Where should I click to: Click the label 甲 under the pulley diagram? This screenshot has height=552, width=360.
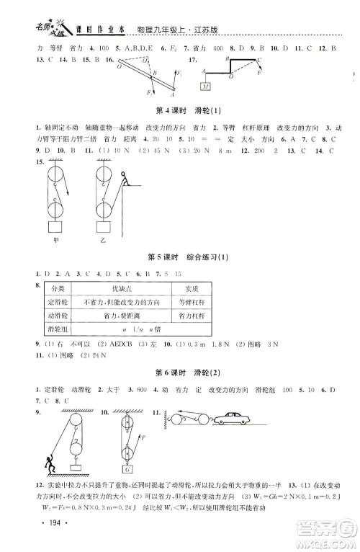pyautogui.click(x=56, y=241)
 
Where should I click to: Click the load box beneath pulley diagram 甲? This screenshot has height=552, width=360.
pyautogui.click(x=55, y=227)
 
